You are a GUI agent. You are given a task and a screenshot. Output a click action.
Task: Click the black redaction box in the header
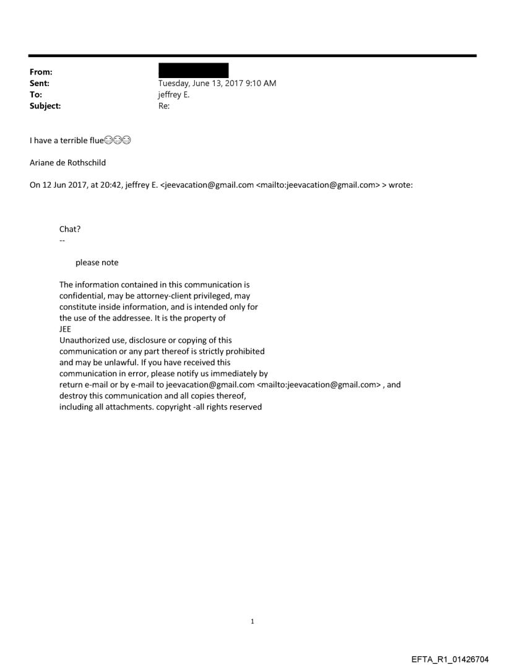click(194, 70)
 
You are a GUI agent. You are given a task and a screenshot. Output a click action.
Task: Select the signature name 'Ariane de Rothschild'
click(68, 163)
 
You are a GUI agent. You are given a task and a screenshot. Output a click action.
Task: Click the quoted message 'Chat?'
click(70, 229)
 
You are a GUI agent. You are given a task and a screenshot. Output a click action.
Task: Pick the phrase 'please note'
click(97, 263)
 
